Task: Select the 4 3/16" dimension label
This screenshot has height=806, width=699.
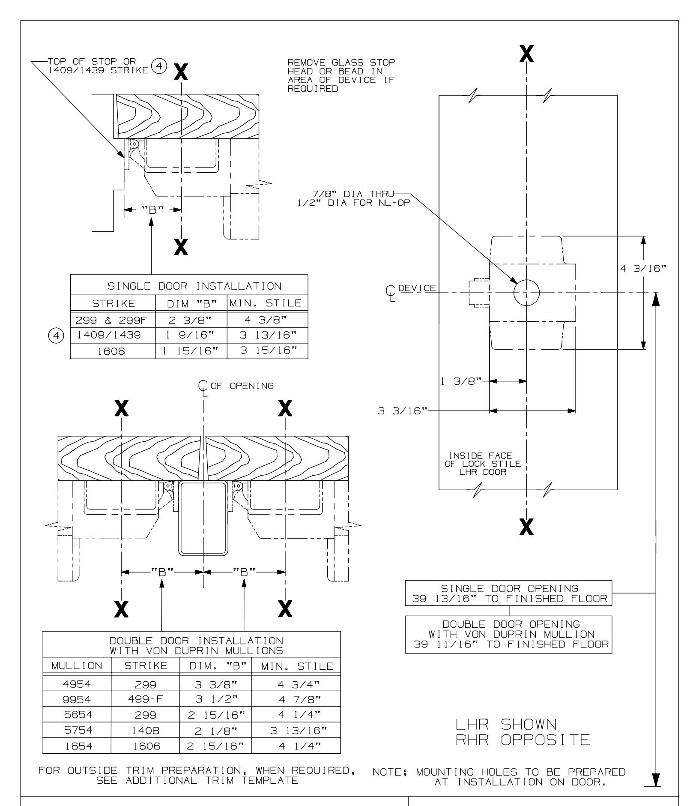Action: tap(644, 269)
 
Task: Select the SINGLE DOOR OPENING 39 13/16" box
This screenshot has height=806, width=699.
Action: tap(508, 593)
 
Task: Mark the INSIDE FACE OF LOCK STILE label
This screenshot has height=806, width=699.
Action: tap(483, 463)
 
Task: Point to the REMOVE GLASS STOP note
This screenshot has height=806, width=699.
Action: tap(341, 76)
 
